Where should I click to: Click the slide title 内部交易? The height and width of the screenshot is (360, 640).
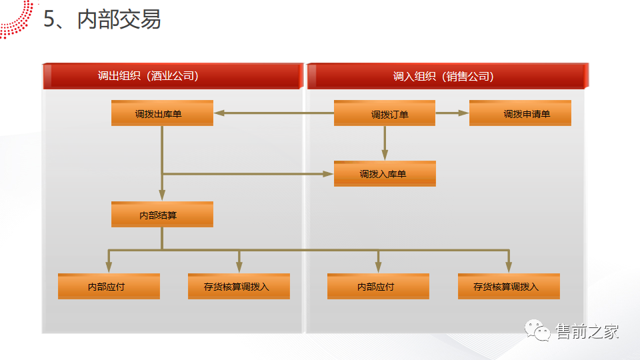(119, 19)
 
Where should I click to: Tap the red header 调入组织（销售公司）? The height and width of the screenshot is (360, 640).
(443, 76)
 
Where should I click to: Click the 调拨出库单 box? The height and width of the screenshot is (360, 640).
(162, 113)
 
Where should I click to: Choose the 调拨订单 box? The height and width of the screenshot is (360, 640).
(385, 114)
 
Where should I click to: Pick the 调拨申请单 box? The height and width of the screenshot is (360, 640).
(520, 113)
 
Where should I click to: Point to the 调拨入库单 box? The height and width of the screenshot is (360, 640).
(385, 174)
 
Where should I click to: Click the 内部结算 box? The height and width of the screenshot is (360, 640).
(162, 215)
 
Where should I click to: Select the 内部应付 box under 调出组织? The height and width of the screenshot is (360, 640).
(109, 287)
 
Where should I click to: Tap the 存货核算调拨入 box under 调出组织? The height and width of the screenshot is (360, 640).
(239, 287)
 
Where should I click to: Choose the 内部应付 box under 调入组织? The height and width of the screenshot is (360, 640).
(378, 287)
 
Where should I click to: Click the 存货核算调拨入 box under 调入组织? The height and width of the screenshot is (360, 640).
(509, 287)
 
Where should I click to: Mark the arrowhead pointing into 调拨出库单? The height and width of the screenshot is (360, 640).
(219, 113)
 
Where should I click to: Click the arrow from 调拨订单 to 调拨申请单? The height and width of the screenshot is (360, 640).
(452, 113)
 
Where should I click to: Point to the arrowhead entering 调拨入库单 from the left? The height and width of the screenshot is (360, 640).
(328, 174)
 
